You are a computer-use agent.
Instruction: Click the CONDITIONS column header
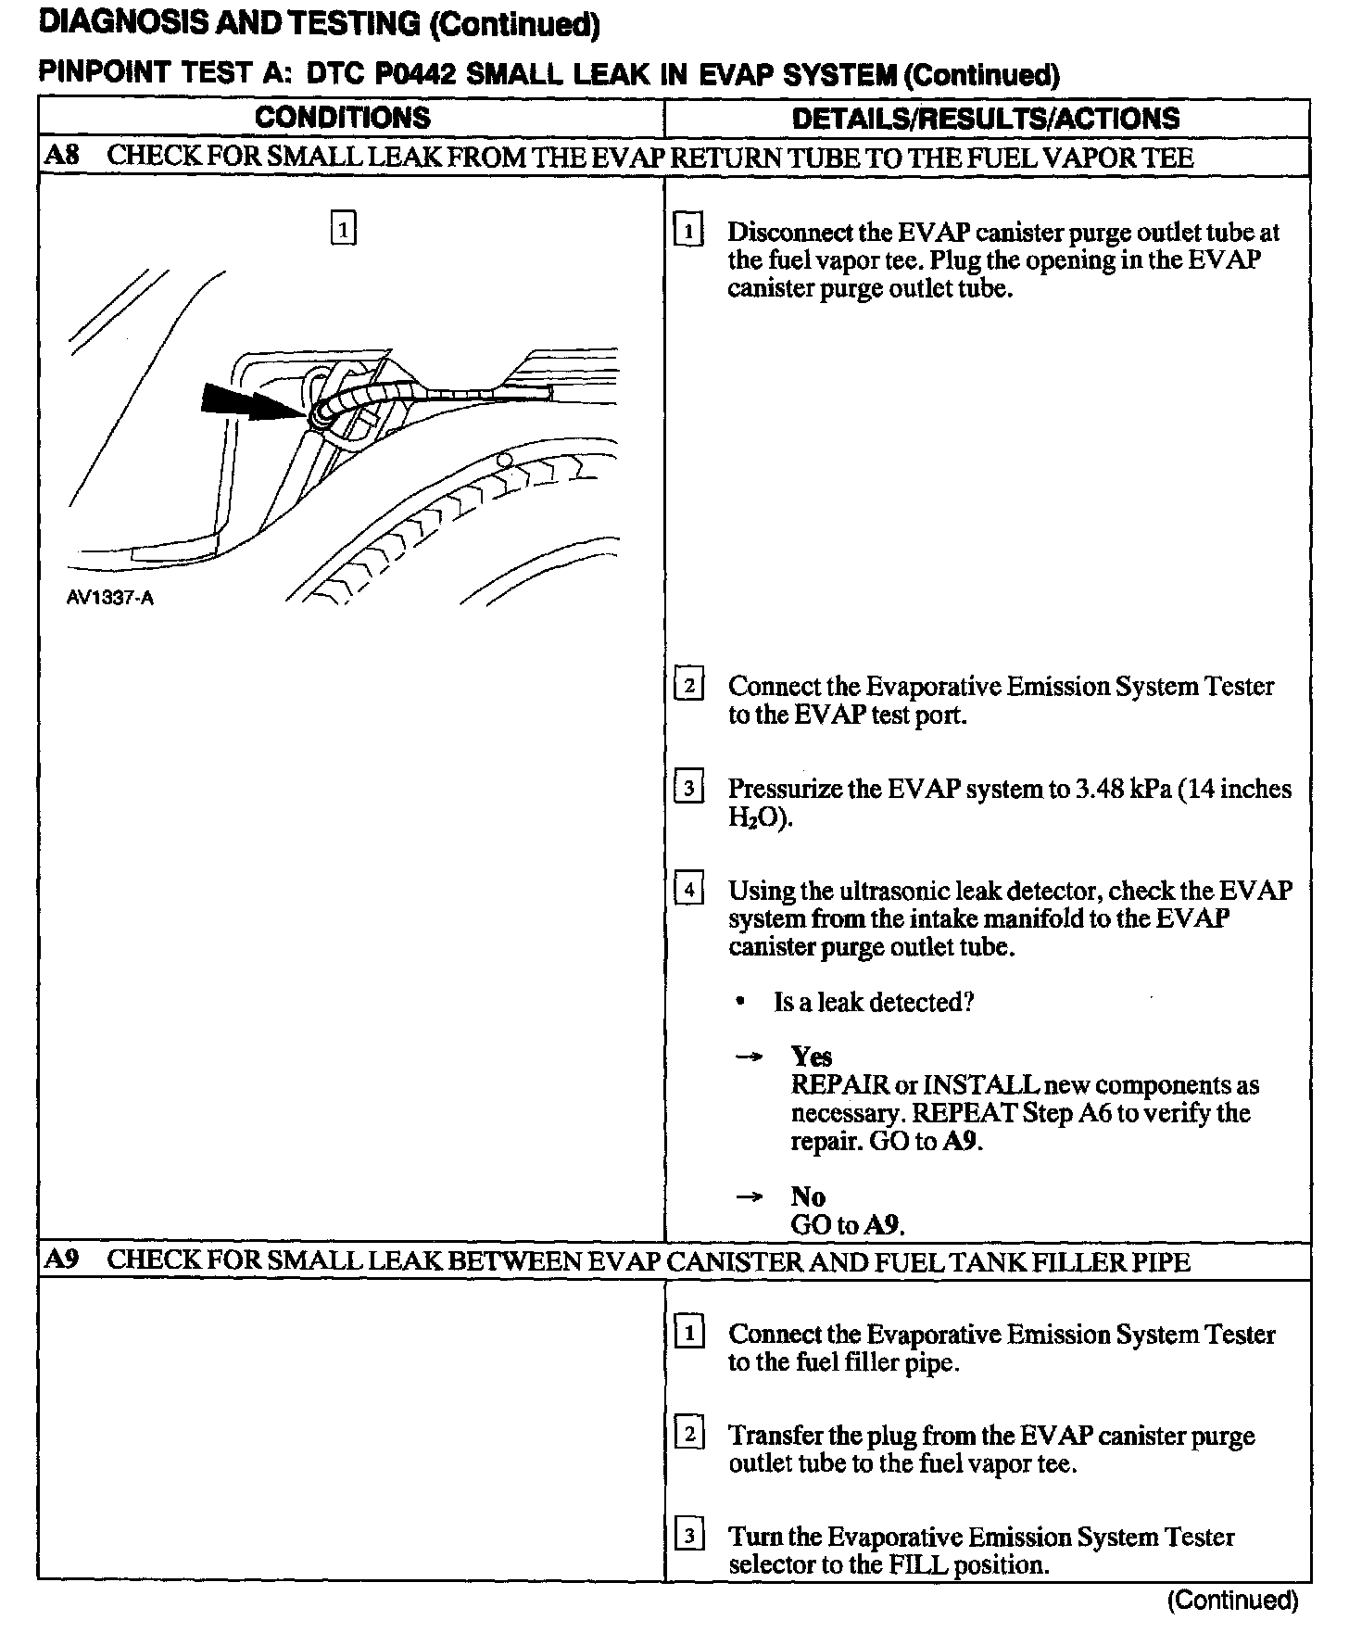(342, 118)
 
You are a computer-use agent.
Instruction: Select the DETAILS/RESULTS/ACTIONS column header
(986, 119)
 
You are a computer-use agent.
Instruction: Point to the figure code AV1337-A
(109, 598)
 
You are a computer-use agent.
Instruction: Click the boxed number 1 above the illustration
(343, 228)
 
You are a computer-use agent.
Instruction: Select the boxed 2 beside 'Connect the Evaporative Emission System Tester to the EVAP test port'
(688, 686)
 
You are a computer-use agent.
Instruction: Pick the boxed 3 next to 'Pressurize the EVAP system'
(688, 789)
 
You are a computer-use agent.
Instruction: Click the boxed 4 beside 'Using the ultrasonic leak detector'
(688, 891)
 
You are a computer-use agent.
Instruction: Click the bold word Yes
(811, 1057)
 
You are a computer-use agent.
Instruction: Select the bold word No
(807, 1196)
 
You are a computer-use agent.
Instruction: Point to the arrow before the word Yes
(749, 1057)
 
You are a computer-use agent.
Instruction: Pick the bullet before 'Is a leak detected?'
(739, 1003)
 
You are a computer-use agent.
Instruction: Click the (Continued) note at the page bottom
(1232, 1601)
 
